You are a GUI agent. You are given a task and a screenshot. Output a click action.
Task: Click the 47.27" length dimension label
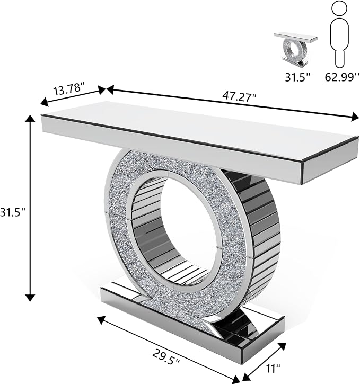pyautogui.click(x=239, y=96)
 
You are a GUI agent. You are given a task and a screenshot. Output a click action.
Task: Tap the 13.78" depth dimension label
pyautogui.click(x=69, y=89)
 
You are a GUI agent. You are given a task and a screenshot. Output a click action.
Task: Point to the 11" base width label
pyautogui.click(x=273, y=368)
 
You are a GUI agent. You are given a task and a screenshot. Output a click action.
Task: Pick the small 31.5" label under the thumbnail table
pyautogui.click(x=296, y=77)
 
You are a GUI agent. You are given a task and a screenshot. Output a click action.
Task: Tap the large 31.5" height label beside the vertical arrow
pyautogui.click(x=12, y=211)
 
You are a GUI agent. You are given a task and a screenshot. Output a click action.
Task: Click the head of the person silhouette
pyautogui.click(x=339, y=8)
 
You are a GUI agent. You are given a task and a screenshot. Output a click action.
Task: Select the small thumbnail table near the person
pyautogui.click(x=295, y=49)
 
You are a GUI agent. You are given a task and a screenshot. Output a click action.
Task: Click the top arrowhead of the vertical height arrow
pyautogui.click(x=30, y=119)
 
